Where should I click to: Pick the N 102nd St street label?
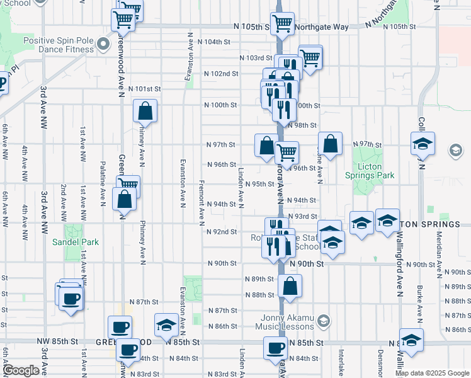click(221, 74)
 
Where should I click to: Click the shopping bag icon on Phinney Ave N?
click(145, 112)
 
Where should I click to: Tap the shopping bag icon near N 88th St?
click(290, 286)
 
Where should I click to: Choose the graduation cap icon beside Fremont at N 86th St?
click(166, 324)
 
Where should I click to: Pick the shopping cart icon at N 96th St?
click(287, 152)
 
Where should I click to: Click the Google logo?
click(21, 370)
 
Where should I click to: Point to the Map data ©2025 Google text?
click(431, 373)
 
